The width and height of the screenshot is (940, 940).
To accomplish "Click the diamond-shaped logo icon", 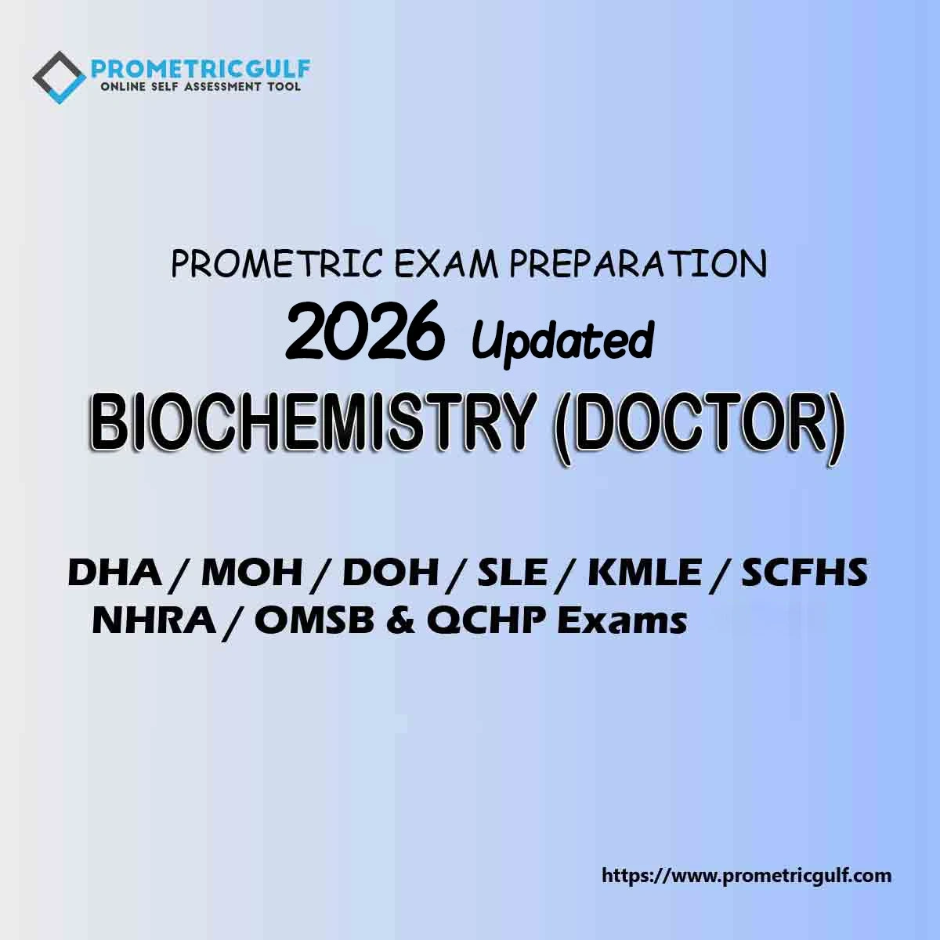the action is pos(59,78).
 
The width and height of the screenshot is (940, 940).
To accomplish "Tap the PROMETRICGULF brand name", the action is pos(201,69).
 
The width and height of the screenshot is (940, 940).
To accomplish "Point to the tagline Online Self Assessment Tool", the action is pos(200,87).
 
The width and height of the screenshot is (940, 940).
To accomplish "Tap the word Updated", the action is pos(562,339).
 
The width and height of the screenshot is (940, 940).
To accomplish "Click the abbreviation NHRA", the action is pos(154,621).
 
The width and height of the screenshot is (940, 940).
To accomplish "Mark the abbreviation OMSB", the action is pos(315,621).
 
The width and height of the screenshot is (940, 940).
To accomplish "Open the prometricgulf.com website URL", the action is pos(747,876).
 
